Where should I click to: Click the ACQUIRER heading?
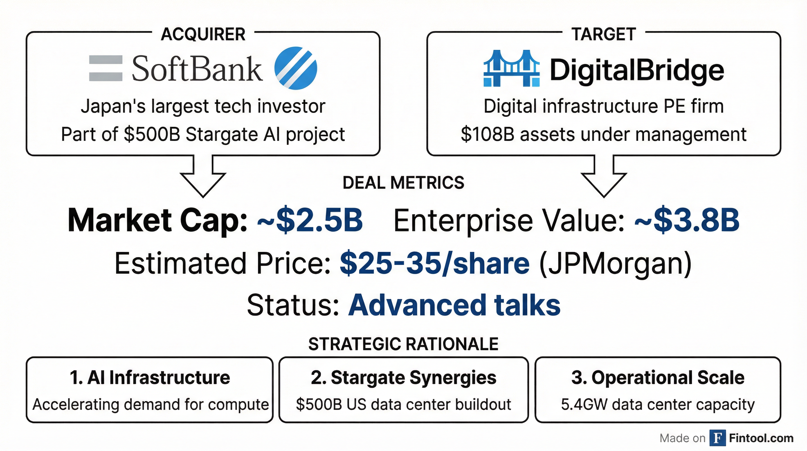point(203,34)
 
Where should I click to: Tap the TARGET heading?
point(604,34)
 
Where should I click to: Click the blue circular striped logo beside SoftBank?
point(295,68)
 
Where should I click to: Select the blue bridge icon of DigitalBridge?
point(512,68)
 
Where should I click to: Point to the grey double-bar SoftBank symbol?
point(106,68)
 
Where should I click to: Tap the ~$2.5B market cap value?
point(310,220)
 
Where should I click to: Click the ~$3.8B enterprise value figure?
point(687,220)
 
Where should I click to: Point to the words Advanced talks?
point(454,305)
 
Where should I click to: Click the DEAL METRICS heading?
point(403,183)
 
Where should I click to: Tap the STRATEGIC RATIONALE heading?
point(403,344)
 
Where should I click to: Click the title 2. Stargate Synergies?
point(403,378)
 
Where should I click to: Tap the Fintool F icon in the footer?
point(717,438)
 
